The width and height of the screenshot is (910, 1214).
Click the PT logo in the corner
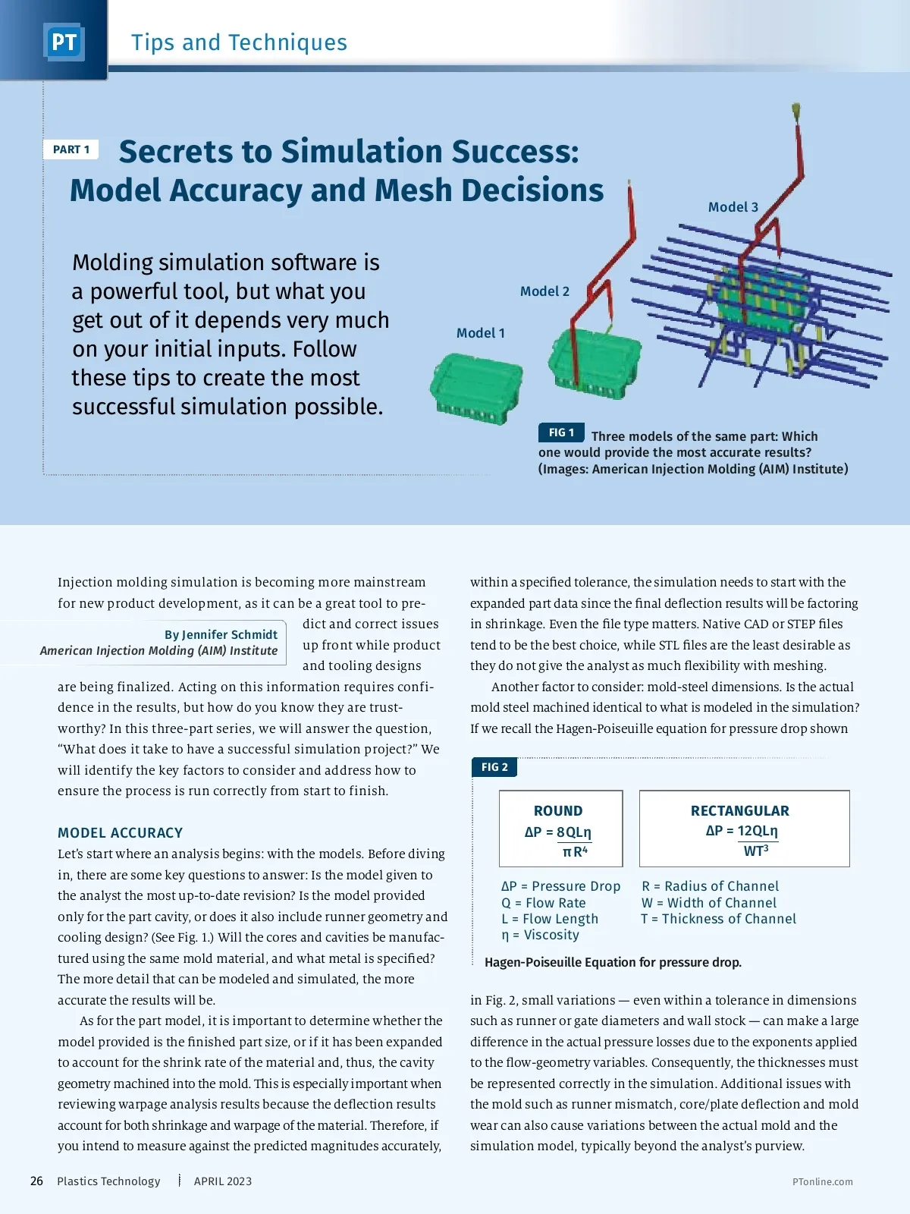coord(64,42)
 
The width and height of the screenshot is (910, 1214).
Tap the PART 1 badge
coord(71,149)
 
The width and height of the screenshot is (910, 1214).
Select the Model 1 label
coord(480,333)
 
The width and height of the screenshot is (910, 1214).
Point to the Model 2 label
coord(544,291)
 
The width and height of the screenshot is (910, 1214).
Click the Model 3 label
coord(733,207)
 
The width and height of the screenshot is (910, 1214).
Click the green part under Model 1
coord(476,387)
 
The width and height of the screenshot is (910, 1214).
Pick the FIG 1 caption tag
coord(561,432)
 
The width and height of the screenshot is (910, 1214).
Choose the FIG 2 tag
coord(494,767)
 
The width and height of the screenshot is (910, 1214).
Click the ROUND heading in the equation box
coord(558,811)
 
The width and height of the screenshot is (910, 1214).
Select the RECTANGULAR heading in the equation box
coord(739,811)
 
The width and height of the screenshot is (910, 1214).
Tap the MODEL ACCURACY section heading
coord(120,833)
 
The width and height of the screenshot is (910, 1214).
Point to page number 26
coord(36,1181)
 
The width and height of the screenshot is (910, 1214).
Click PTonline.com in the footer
coord(822,1182)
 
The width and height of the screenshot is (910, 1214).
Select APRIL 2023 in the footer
coord(222,1181)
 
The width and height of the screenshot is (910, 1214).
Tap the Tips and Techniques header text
coord(239,42)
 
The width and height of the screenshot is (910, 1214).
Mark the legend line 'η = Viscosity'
coord(540,935)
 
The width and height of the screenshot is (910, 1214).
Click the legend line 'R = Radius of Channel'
coord(710,886)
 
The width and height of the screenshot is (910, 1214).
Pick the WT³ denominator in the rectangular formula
coord(756,851)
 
